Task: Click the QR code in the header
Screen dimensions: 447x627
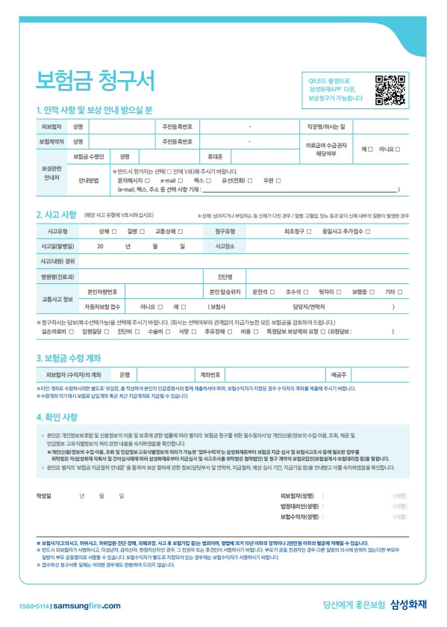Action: tap(390, 89)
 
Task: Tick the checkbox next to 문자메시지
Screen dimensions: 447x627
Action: tap(149, 180)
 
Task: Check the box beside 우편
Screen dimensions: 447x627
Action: tap(274, 180)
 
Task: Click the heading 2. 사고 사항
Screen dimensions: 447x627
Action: tap(56, 214)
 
